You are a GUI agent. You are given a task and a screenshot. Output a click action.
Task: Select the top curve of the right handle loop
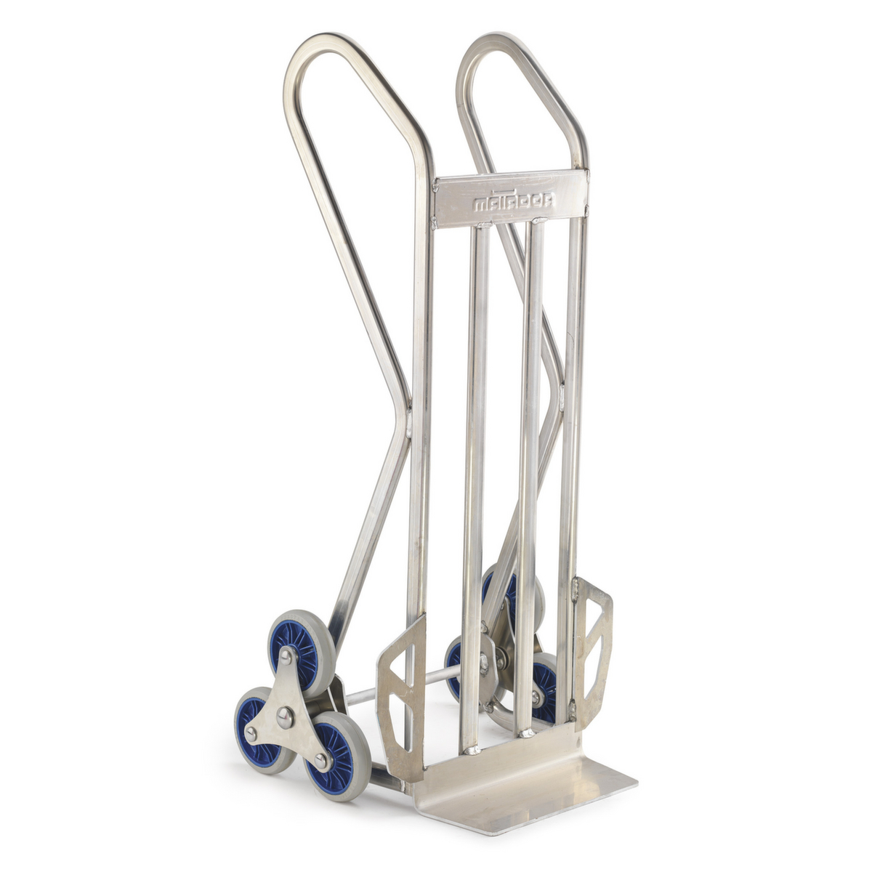(494, 42)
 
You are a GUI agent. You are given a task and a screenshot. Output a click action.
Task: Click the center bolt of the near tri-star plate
(286, 717)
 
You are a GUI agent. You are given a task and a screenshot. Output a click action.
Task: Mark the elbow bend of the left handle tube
(403, 414)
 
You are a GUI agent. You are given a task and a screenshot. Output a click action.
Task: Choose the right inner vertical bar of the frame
(529, 472)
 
